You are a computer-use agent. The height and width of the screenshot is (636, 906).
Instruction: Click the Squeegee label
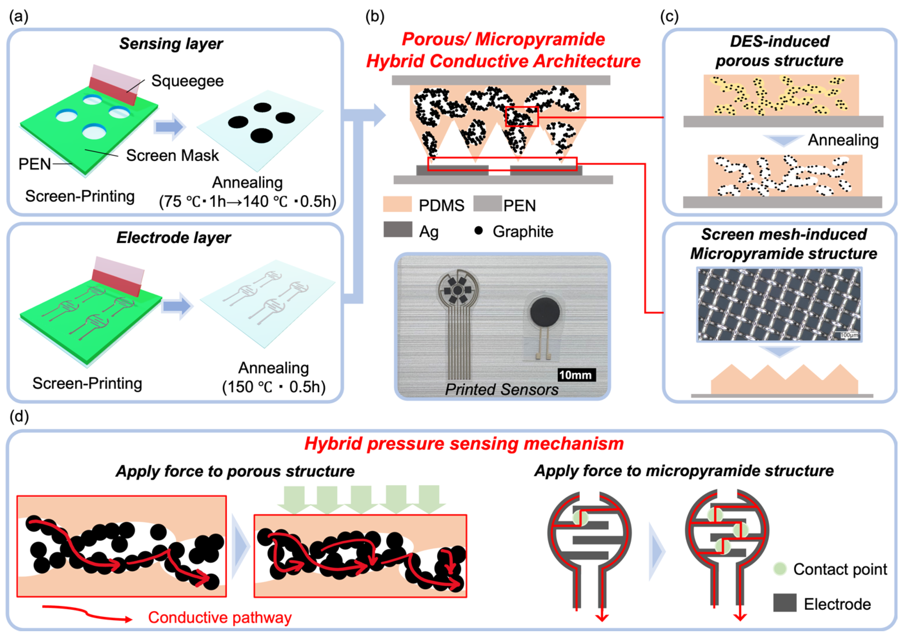(x=187, y=81)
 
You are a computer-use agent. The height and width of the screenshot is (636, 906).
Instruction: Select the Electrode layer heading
(x=174, y=237)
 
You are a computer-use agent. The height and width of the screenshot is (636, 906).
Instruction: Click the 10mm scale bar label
(x=576, y=375)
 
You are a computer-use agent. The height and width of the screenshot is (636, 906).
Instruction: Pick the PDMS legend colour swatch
(x=397, y=205)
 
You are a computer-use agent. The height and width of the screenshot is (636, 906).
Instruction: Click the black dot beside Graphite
(x=478, y=231)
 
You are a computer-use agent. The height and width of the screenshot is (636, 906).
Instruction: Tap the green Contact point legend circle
(x=780, y=569)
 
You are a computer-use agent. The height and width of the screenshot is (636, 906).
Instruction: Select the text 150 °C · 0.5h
(x=274, y=387)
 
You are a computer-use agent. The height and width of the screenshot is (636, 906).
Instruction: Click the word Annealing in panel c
(x=843, y=140)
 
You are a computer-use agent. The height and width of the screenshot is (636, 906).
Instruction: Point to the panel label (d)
(x=19, y=416)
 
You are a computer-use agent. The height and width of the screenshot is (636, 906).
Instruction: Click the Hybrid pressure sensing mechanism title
(x=464, y=444)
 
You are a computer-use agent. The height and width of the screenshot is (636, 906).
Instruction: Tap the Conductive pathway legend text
(x=219, y=617)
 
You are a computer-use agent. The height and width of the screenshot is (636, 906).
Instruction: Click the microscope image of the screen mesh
(x=779, y=304)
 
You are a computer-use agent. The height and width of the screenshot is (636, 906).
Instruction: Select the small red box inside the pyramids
(x=522, y=117)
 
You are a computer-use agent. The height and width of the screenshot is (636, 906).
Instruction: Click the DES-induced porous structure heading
(x=779, y=51)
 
